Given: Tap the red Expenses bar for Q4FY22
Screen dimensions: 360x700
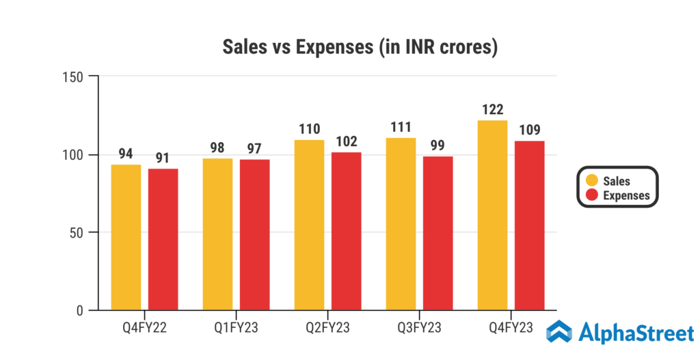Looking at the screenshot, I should click(x=163, y=240).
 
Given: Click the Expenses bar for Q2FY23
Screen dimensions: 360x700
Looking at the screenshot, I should click(x=347, y=232).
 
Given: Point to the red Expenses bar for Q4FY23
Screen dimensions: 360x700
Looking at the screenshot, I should click(x=530, y=226).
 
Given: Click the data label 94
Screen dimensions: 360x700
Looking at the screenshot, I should click(x=126, y=154).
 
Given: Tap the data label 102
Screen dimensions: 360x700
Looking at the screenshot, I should click(x=347, y=141).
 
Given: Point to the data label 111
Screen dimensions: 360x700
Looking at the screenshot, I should click(x=401, y=127).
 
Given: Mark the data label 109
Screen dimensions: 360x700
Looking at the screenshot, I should click(x=530, y=130).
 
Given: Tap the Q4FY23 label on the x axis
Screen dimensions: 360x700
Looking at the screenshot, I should click(x=511, y=327).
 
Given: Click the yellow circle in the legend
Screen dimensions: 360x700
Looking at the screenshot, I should click(x=592, y=181).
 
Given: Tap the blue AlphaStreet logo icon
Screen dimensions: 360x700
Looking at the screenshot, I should click(x=560, y=333).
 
